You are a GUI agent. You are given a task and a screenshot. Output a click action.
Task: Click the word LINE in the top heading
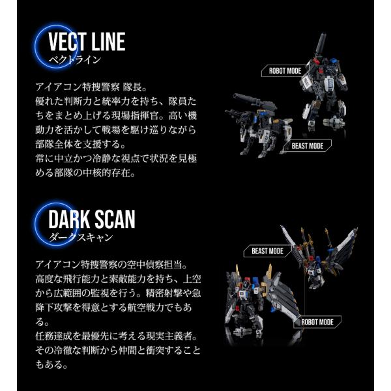tap(108, 42)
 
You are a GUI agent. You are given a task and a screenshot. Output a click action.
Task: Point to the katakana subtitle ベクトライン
tap(75, 60)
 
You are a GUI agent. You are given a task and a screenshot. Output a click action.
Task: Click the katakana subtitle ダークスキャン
tap(80, 237)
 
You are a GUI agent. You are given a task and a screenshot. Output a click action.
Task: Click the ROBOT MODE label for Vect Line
tap(285, 71)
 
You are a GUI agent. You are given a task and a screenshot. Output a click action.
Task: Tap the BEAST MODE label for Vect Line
tap(308, 146)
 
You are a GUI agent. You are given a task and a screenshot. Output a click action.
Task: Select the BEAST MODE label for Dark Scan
tap(267, 251)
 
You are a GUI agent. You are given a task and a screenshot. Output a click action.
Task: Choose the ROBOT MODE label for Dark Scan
tap(317, 322)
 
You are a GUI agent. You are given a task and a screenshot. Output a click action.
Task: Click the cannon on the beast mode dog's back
tap(253, 102)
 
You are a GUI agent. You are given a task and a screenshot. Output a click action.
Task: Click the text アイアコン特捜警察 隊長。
tap(91, 87)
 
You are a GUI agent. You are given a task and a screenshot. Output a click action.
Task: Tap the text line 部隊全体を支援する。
tap(80, 144)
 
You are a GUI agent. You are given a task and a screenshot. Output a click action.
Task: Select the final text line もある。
tap(51, 364)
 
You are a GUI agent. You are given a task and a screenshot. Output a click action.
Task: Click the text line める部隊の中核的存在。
tap(85, 173)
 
